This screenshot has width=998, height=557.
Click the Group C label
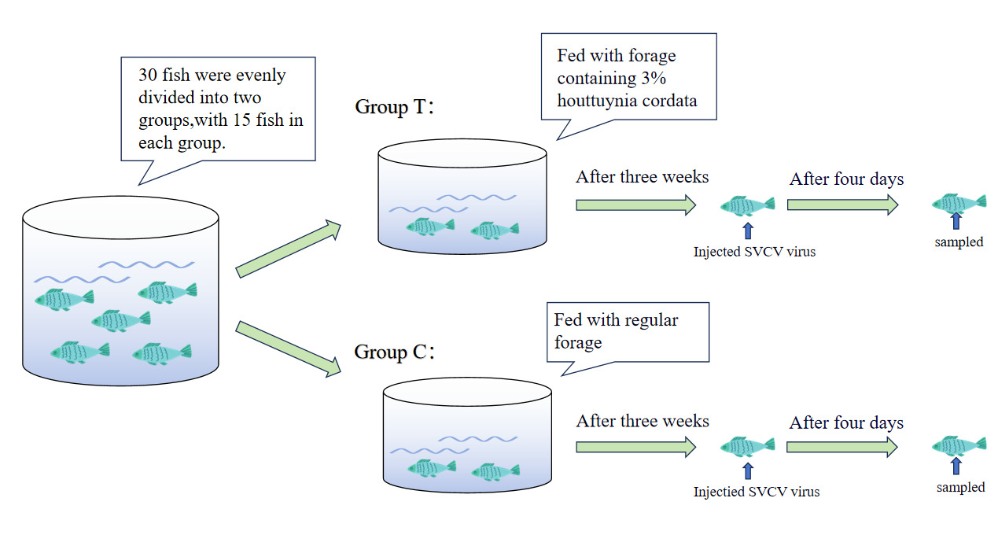(x=394, y=352)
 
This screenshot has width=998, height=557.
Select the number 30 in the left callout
(x=149, y=76)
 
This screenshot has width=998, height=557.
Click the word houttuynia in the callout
(x=598, y=101)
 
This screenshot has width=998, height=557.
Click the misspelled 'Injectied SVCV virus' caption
(x=756, y=492)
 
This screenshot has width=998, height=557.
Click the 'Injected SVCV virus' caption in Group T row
(x=753, y=253)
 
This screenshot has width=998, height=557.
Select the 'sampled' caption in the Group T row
(x=959, y=242)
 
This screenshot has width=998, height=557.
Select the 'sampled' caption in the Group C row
(x=960, y=488)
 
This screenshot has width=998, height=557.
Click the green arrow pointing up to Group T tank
(x=289, y=249)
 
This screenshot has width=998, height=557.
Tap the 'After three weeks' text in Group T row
(x=642, y=176)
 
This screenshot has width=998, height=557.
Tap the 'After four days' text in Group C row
(x=846, y=422)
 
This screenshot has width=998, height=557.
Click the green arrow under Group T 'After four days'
(x=842, y=205)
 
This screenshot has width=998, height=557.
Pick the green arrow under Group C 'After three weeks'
(x=635, y=447)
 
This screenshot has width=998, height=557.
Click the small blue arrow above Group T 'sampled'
(x=956, y=221)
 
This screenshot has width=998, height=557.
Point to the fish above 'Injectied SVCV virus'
(x=747, y=447)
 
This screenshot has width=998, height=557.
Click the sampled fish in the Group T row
(x=959, y=203)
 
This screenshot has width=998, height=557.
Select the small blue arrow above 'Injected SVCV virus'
(x=747, y=230)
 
